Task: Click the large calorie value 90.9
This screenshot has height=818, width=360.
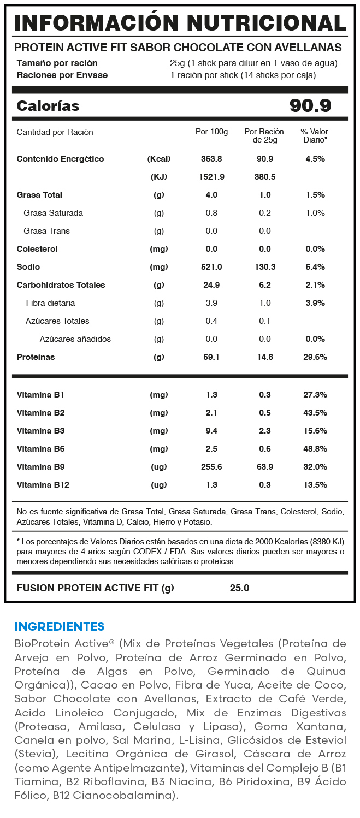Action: [x=310, y=106]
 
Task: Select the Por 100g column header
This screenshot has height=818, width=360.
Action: [x=211, y=132]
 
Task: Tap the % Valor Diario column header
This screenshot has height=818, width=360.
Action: [x=315, y=136]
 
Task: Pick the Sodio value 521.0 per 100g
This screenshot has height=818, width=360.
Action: [x=211, y=267]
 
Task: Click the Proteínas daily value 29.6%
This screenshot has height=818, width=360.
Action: [x=315, y=357]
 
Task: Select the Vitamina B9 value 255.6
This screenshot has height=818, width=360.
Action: [x=211, y=467]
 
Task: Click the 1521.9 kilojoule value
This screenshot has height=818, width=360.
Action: [x=211, y=177]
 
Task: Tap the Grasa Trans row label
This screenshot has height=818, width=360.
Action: [x=46, y=231]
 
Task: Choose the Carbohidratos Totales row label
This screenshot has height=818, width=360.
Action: [x=61, y=285]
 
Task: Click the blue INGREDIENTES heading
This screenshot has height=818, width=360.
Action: [x=59, y=626]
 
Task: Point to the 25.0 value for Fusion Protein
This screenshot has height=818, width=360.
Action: [x=239, y=588]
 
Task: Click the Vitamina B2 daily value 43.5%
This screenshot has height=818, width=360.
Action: [x=315, y=413]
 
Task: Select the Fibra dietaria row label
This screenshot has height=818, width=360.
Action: [x=50, y=303]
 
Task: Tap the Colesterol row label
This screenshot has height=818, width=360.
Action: [x=37, y=249]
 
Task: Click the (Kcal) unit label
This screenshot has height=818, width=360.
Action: [x=159, y=159]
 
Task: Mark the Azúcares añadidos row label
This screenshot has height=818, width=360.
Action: [x=75, y=339]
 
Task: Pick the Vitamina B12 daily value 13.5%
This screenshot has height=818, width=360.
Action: [x=315, y=485]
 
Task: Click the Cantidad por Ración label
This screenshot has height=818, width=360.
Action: [x=55, y=132]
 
